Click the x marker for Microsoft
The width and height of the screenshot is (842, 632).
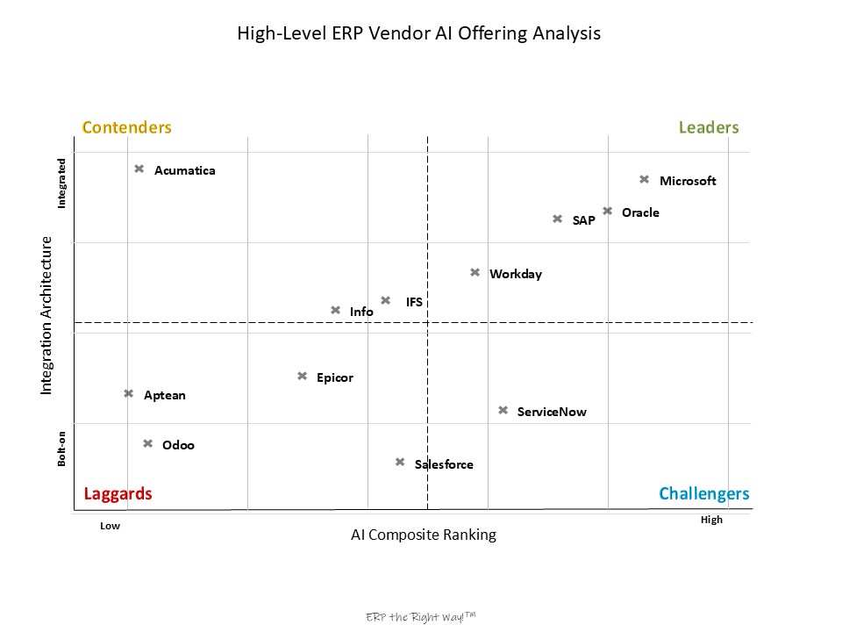click(644, 179)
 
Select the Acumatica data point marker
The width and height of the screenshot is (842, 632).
click(139, 169)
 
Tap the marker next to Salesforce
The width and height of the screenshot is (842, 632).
click(400, 462)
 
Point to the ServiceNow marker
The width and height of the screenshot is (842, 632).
click(503, 410)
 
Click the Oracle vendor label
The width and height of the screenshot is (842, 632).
click(640, 212)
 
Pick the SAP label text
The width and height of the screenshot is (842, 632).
click(583, 220)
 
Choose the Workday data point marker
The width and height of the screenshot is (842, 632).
click(475, 272)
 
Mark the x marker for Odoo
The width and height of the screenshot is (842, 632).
click(147, 443)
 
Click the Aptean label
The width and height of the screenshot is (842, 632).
click(165, 395)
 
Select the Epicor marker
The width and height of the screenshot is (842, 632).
click(302, 376)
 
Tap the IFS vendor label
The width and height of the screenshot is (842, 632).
click(414, 302)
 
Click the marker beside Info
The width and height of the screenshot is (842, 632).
click(335, 310)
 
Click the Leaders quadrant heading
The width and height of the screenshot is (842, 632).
click(709, 127)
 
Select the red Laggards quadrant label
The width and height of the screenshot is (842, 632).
click(118, 493)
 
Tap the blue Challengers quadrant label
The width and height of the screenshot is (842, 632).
click(704, 493)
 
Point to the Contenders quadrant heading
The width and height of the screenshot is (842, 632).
click(127, 127)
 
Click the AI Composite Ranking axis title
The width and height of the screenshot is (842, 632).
click(424, 535)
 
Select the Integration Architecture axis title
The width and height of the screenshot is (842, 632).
click(47, 315)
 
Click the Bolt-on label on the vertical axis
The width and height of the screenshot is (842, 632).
click(61, 448)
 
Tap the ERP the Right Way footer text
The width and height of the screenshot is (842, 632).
click(420, 617)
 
